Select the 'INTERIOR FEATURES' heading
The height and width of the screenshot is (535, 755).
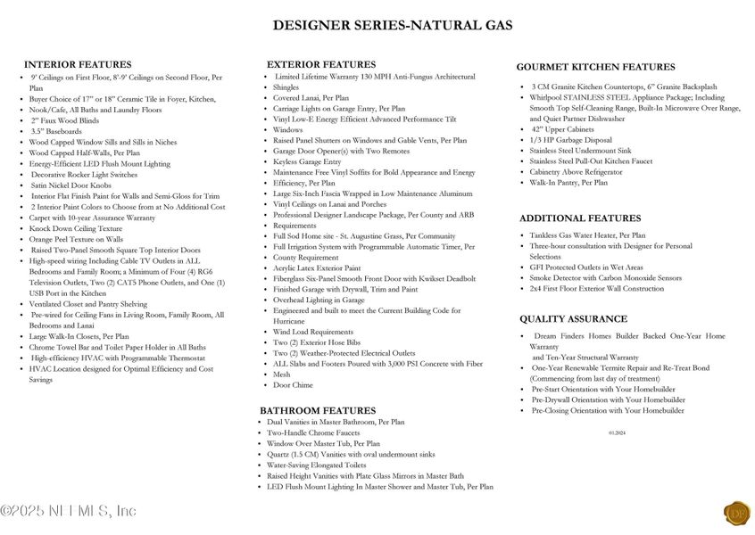(x=78, y=64)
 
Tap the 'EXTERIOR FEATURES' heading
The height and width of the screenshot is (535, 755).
(x=321, y=64)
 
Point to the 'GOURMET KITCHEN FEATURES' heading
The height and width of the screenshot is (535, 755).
(x=595, y=67)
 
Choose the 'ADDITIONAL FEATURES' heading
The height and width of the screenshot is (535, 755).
(x=580, y=218)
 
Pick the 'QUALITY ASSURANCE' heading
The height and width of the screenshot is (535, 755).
(x=573, y=318)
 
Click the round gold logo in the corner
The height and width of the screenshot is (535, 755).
(x=736, y=513)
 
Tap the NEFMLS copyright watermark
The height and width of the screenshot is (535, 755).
(x=69, y=511)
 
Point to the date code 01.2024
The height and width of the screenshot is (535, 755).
(x=618, y=432)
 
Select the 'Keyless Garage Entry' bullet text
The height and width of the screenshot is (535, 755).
(x=307, y=161)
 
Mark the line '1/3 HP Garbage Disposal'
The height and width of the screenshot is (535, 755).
(x=571, y=140)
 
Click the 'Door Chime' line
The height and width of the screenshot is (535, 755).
(x=294, y=385)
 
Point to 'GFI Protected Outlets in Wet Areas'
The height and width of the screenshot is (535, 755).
(x=585, y=267)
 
